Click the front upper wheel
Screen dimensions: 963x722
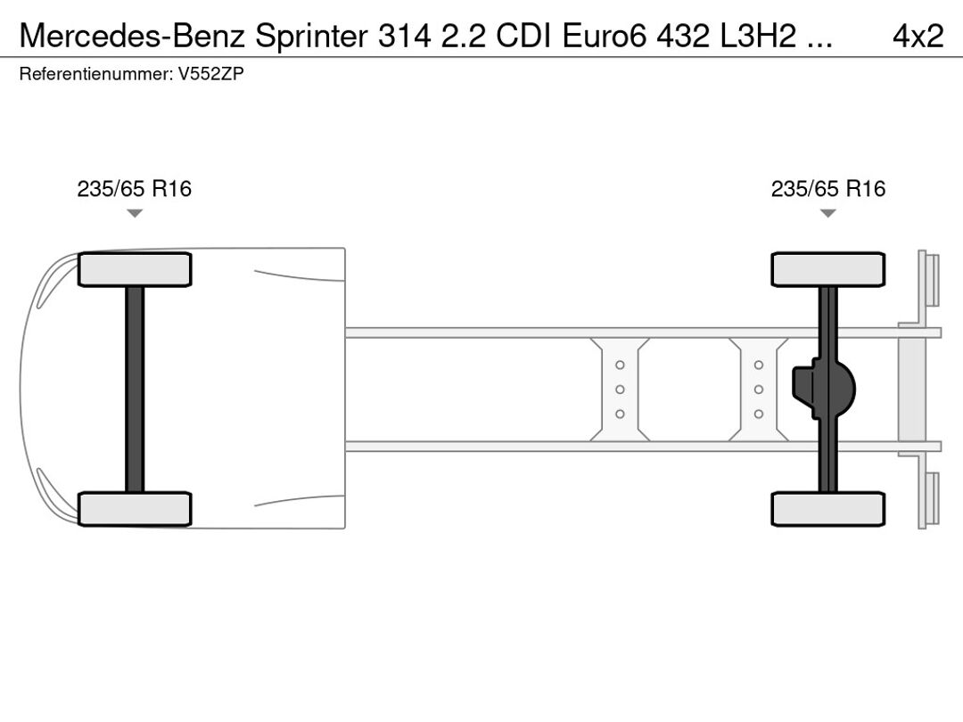(135, 269)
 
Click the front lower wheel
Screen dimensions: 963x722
(135, 509)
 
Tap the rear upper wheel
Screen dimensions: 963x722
(827, 269)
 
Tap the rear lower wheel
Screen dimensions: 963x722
(827, 509)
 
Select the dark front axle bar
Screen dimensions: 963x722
(135, 390)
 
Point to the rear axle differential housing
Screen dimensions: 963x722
(824, 390)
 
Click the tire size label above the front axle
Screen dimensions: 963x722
(134, 188)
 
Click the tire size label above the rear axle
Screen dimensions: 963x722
(827, 188)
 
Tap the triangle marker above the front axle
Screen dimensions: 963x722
(135, 213)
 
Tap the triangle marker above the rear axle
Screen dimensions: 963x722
(827, 213)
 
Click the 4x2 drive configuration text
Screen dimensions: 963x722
(918, 37)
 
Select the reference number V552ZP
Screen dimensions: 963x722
(210, 74)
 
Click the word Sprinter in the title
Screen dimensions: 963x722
(311, 37)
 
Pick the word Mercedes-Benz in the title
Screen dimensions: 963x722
(133, 37)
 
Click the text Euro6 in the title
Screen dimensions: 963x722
(605, 37)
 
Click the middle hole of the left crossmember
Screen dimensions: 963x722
(620, 390)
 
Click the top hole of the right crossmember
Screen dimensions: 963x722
(759, 365)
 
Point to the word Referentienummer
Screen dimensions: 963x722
(96, 74)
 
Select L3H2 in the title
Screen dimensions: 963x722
(758, 37)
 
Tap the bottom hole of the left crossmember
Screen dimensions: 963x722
(620, 414)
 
